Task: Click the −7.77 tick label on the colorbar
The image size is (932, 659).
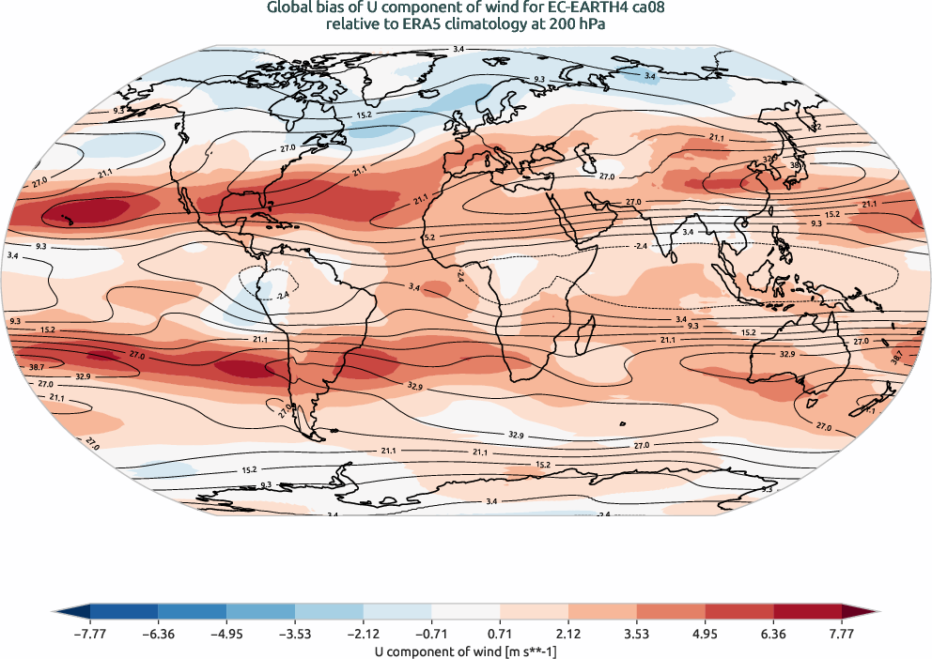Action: (90, 634)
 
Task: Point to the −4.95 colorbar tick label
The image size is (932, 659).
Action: (226, 634)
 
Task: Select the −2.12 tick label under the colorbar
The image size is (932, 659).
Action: (364, 634)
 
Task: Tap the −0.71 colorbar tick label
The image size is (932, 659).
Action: (431, 634)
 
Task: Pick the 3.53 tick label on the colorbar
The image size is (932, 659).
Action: (637, 634)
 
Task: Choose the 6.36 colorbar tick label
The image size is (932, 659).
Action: (773, 634)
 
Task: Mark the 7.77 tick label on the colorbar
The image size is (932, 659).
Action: (842, 634)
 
